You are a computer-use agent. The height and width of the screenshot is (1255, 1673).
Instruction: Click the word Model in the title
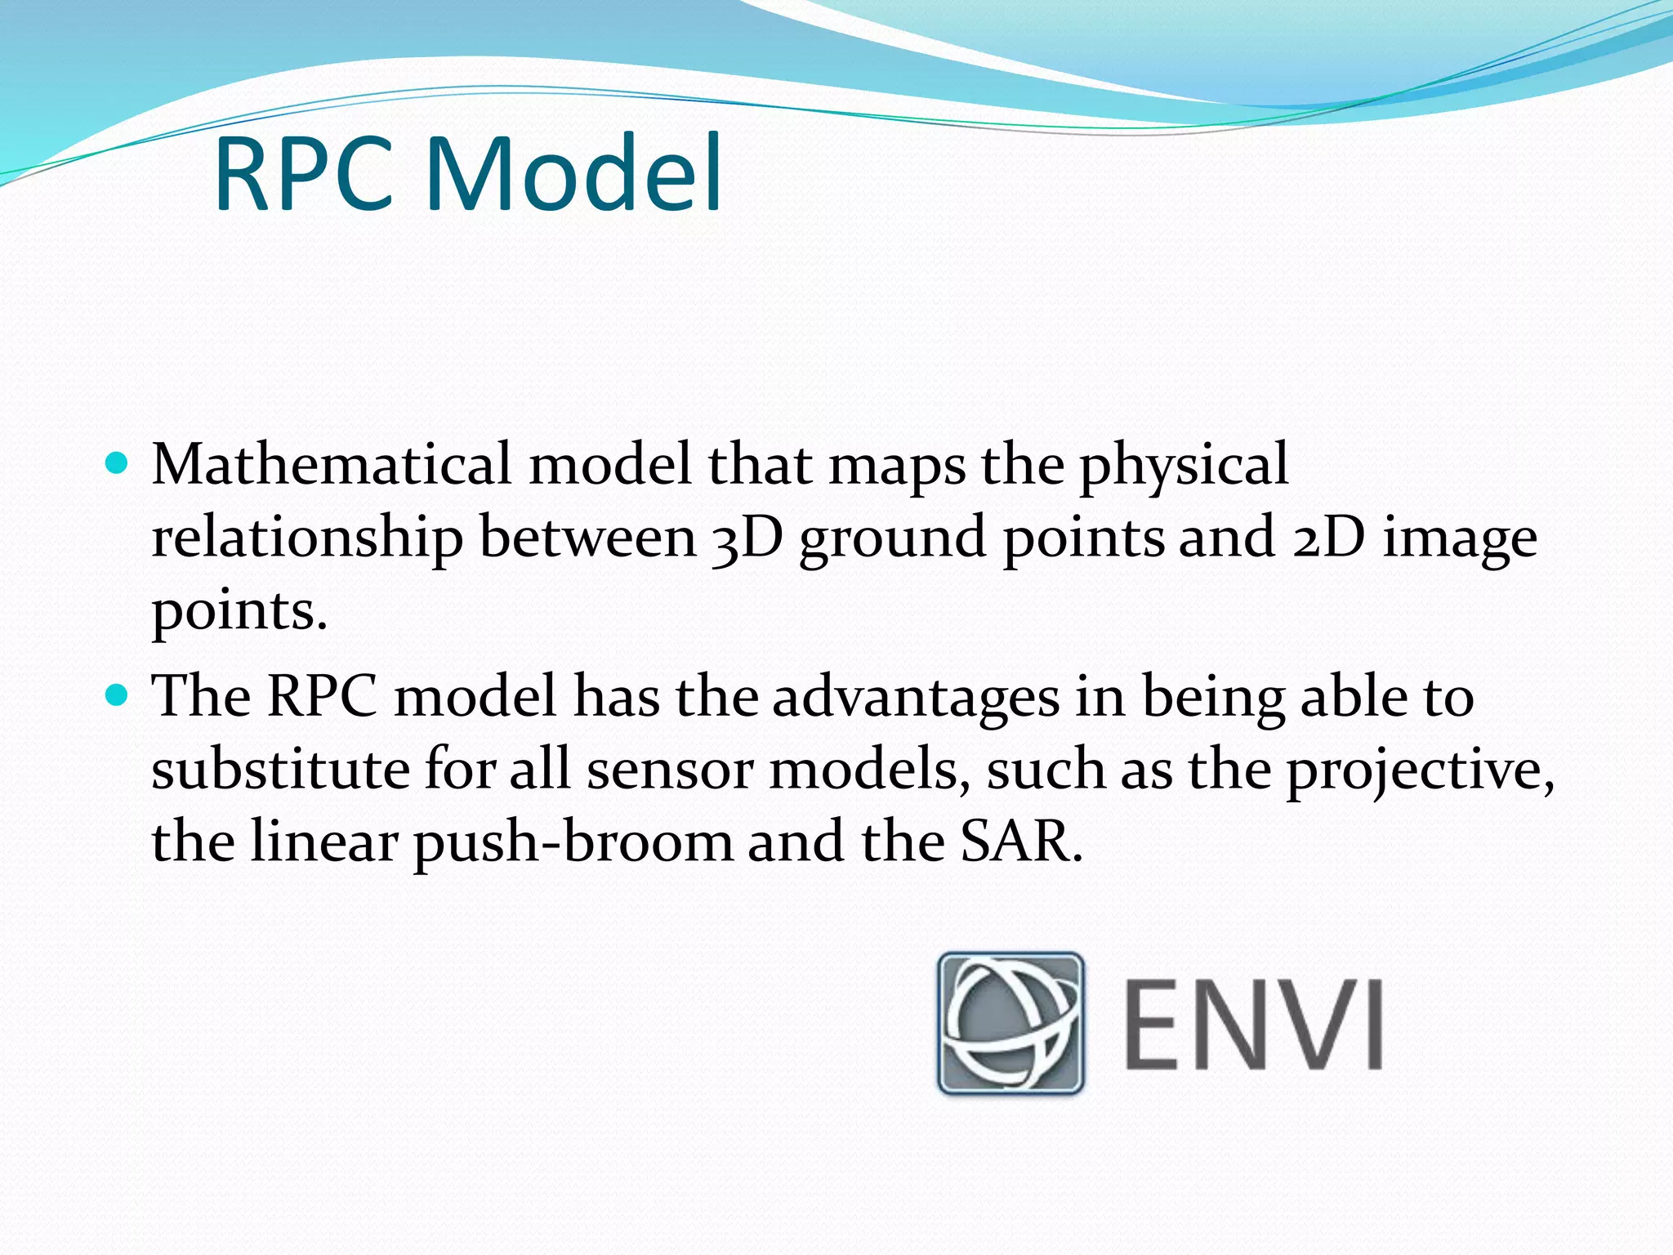click(573, 175)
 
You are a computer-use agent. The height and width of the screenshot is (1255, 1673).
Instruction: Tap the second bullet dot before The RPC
click(118, 696)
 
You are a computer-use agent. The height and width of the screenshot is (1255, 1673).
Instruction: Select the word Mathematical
click(332, 465)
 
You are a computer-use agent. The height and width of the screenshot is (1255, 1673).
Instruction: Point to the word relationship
click(307, 539)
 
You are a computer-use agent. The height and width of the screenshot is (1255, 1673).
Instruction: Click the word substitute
click(280, 770)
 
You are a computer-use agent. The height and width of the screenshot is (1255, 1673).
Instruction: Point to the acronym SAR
click(1021, 842)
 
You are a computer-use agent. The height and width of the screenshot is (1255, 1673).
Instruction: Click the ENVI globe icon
click(1010, 1022)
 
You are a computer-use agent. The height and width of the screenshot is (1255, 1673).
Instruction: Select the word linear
click(323, 842)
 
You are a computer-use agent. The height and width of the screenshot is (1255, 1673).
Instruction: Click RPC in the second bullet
click(322, 696)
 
